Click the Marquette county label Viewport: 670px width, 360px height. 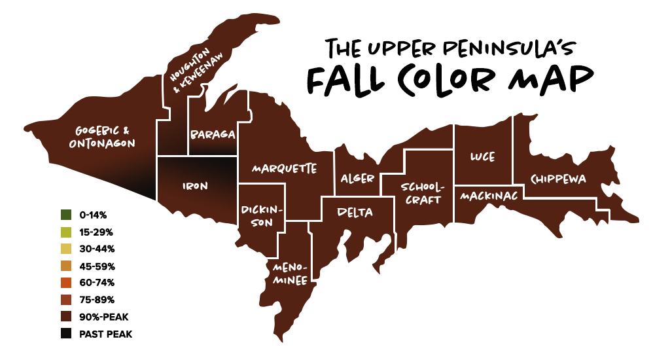pos(285,168)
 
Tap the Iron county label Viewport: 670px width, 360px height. pos(194,186)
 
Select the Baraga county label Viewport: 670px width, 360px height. pos(213,134)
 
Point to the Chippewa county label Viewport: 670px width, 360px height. pos(558,178)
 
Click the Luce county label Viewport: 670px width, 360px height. pos(482,157)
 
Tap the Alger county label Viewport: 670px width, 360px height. pos(357,178)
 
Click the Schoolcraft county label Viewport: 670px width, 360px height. pos(423,194)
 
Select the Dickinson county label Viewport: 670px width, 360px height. pos(261,216)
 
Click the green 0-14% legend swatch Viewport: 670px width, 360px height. pos(65,215)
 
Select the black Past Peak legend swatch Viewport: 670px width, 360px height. pos(65,334)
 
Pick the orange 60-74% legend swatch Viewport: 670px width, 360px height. pos(65,283)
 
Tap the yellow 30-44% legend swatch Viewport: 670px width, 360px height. pos(65,249)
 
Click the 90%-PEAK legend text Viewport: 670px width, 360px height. pos(103,317)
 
